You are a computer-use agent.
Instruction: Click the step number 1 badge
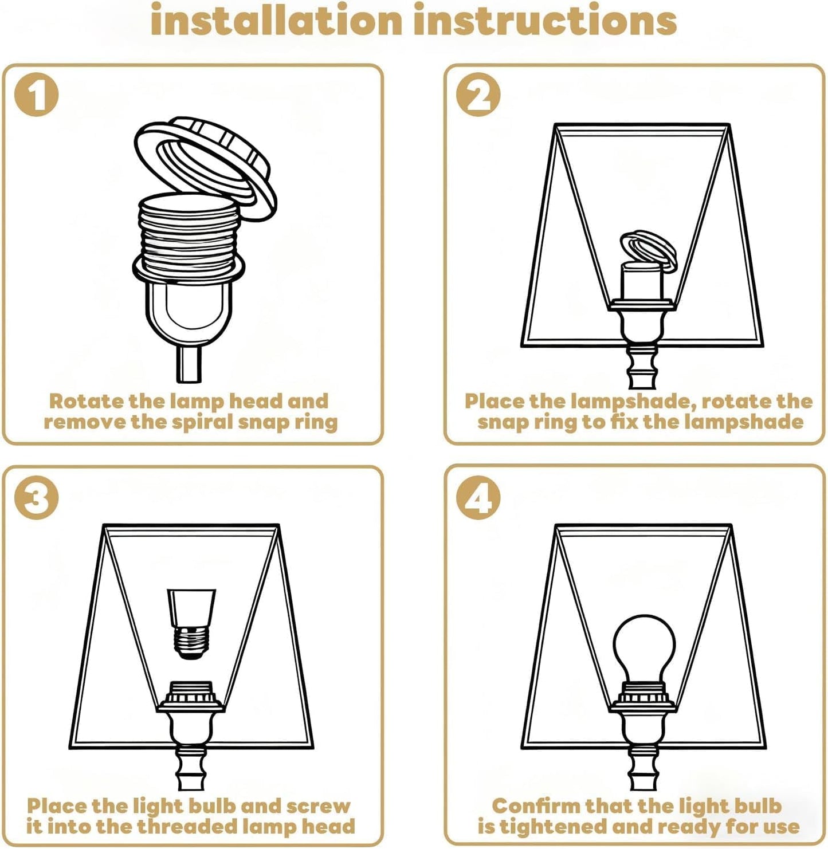(36, 95)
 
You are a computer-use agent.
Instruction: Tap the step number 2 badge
(478, 95)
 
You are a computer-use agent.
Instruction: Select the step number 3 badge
(36, 497)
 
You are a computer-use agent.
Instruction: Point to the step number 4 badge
(478, 497)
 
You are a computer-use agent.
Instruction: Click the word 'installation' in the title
(276, 19)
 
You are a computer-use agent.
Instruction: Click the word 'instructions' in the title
(545, 19)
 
